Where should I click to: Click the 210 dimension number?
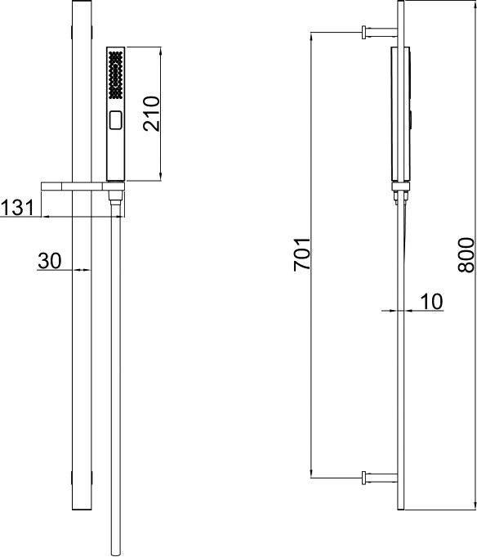click(x=152, y=114)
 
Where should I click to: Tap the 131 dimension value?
click(x=17, y=208)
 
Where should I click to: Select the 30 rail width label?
click(x=50, y=261)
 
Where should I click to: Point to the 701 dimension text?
click(x=302, y=254)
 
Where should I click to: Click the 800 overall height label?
click(x=466, y=255)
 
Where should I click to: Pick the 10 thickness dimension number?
click(x=431, y=302)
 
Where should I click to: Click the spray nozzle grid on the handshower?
click(x=116, y=75)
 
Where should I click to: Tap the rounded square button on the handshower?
click(x=116, y=120)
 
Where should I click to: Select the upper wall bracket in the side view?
click(x=380, y=32)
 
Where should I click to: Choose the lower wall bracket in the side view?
click(x=380, y=478)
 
